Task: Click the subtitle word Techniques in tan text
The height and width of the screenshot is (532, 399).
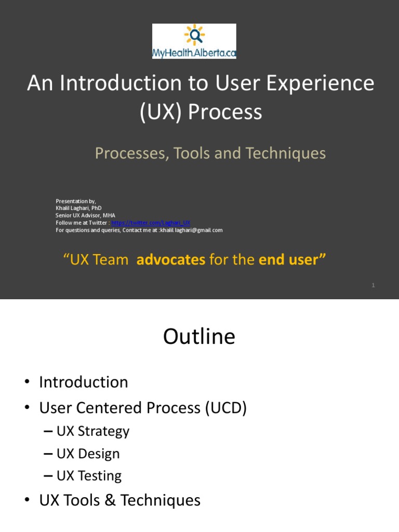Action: pos(286,153)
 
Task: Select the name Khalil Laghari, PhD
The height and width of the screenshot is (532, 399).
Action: pos(78,208)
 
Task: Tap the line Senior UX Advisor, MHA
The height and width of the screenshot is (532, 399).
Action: pos(85,216)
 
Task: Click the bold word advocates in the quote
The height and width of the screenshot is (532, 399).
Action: pos(171,260)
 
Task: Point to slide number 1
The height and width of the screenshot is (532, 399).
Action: pos(374,285)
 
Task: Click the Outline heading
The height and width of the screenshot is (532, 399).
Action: pos(199,337)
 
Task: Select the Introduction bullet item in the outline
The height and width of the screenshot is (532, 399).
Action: pos(84,382)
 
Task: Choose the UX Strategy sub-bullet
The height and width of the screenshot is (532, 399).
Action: pos(93,431)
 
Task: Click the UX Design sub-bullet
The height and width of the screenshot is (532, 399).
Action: pos(88,454)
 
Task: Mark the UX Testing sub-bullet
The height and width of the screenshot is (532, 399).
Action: pos(89,476)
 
